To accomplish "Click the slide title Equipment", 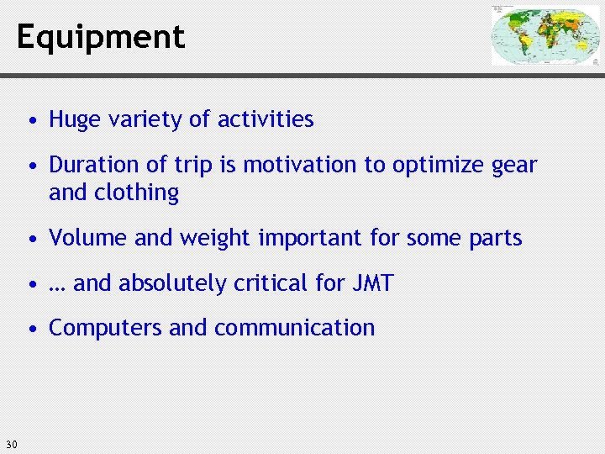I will [100, 38].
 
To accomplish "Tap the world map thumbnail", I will [545, 35].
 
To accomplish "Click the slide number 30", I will [11, 444].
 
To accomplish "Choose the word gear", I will [514, 166].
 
